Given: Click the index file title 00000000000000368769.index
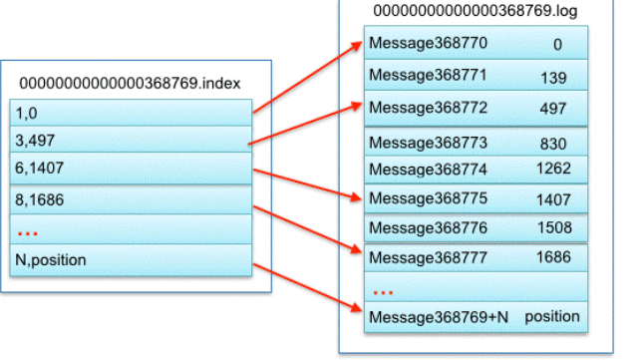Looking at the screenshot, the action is click(130, 84).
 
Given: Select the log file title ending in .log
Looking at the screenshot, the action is click(475, 11).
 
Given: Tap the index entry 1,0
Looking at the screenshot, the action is click(26, 113).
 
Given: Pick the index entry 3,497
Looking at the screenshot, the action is click(35, 141).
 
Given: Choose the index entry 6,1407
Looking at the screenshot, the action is click(39, 168).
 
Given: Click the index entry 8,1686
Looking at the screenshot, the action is click(39, 199).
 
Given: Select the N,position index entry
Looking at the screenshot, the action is click(51, 260).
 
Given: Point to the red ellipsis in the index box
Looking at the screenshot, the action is click(28, 234).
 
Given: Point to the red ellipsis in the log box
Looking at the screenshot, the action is click(383, 292).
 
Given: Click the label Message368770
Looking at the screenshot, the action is click(429, 43).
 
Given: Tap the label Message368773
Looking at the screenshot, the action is click(429, 143).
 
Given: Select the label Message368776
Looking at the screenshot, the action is click(429, 227).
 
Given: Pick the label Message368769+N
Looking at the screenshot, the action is click(439, 317).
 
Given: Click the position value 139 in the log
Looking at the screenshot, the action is click(553, 78).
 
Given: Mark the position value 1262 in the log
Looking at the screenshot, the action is click(553, 169).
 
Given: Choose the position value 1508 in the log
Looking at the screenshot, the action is click(554, 227).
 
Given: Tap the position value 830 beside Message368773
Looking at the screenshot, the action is click(553, 144).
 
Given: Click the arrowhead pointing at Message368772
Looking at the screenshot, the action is click(356, 107).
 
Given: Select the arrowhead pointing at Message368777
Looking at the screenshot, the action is click(356, 248).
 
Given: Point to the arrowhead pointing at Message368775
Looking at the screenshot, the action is click(356, 197).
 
